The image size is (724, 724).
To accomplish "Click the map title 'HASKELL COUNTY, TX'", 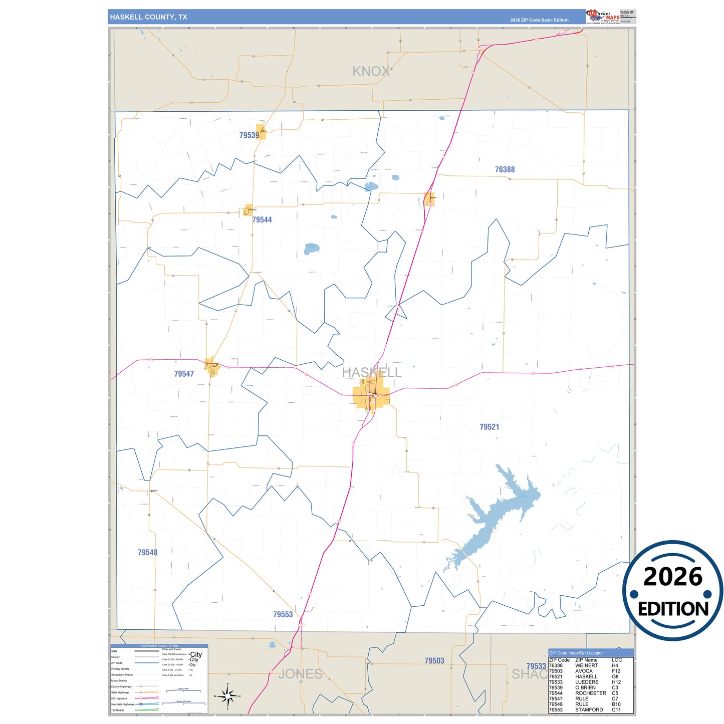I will (x=148, y=17).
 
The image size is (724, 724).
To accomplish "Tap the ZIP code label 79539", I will (x=249, y=135).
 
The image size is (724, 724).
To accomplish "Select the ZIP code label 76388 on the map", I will (x=505, y=170).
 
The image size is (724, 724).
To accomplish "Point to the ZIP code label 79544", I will (x=262, y=220).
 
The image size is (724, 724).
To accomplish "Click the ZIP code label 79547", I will (x=184, y=374).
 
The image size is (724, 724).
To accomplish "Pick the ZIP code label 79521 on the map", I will (x=489, y=427).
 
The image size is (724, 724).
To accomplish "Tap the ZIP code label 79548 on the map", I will (x=147, y=553).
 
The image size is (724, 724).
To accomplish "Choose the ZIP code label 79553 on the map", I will (x=283, y=615).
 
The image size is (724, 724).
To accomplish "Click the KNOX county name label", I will (x=371, y=72).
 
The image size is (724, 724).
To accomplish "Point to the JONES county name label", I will (x=300, y=674).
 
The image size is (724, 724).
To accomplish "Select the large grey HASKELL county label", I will (x=371, y=372).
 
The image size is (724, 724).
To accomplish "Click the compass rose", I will (x=227, y=696).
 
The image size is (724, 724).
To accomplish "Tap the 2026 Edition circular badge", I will (x=672, y=590).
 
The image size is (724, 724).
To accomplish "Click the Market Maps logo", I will (x=603, y=17).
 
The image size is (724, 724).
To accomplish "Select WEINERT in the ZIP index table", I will (x=586, y=666).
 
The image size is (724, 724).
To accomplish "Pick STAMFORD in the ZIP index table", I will (x=589, y=710).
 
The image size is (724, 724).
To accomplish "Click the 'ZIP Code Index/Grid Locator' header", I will (x=576, y=653).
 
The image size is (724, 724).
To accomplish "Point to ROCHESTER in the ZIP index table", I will (x=590, y=693).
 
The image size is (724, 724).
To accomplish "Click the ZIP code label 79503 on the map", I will (x=434, y=661).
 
